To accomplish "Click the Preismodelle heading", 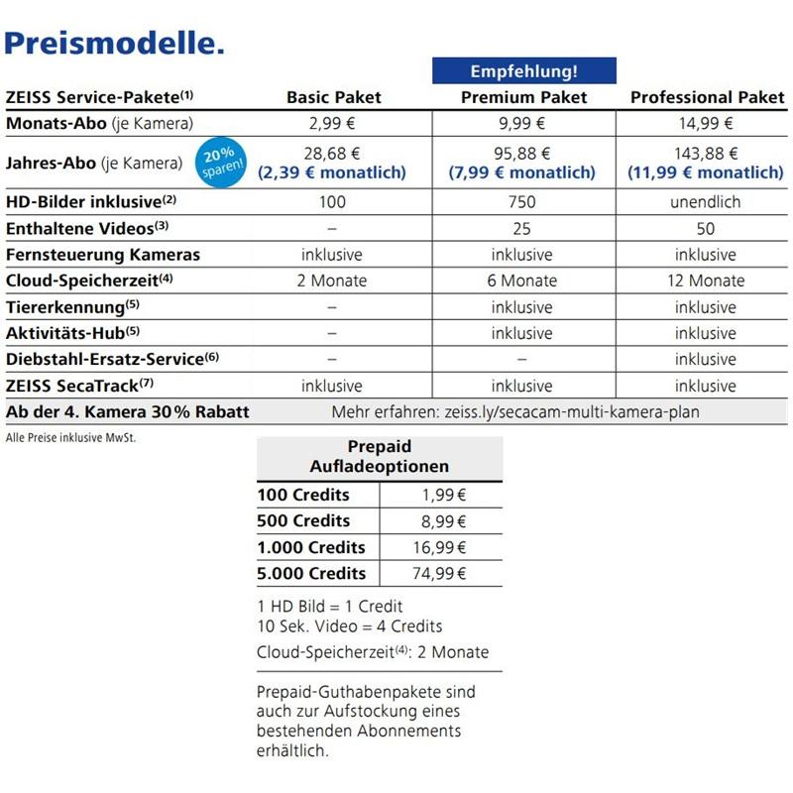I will coord(115,43).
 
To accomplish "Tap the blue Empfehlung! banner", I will coord(523,71).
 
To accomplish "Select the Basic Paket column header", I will coord(333,97).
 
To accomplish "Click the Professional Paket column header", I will coord(707,97).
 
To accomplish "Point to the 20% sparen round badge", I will coord(219,162).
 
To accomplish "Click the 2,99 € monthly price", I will coord(332,124).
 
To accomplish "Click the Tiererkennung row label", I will coord(72,306).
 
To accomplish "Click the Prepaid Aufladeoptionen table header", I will coord(379,456).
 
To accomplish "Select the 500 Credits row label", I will coord(303,521).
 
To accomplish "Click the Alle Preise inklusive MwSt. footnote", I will coord(70,437).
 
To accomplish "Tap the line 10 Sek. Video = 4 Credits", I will coord(349,626).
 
